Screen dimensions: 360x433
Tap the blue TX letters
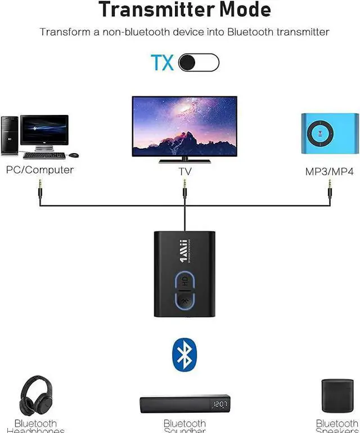pyautogui.click(x=162, y=63)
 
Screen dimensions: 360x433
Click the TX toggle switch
pyautogui.click(x=199, y=63)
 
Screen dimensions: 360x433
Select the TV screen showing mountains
pyautogui.click(x=184, y=126)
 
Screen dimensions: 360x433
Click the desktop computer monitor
pyautogui.click(x=44, y=131)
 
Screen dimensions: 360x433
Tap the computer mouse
pyautogui.click(x=74, y=155)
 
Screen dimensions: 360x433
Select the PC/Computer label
pyautogui.click(x=39, y=169)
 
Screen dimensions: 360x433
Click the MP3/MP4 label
pyautogui.click(x=329, y=171)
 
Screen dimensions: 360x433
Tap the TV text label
pyautogui.click(x=184, y=171)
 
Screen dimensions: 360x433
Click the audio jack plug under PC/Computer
pyautogui.click(x=40, y=189)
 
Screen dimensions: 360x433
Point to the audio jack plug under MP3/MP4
pyautogui.click(x=330, y=189)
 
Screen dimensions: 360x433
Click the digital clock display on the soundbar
pyautogui.click(x=220, y=404)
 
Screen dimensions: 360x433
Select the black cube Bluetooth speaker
pyautogui.click(x=337, y=396)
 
